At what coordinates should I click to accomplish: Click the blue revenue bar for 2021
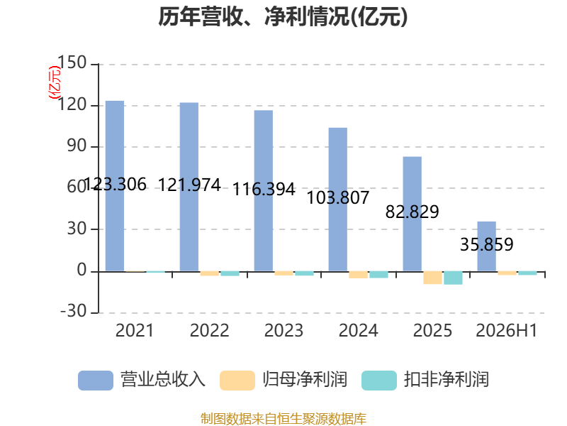115,186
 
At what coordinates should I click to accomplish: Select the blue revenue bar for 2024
338,200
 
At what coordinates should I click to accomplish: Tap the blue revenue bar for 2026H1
487,246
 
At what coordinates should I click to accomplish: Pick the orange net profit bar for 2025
433,278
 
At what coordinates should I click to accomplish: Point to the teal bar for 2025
453,278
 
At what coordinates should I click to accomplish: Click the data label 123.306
115,185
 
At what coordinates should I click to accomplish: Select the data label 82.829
412,212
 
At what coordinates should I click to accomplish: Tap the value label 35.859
487,244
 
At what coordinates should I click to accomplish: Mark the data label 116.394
264,189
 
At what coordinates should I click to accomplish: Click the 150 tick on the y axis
72,62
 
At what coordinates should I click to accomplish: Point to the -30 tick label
74,311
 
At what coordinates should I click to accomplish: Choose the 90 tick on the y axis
77,146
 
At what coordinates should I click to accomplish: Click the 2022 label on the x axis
209,330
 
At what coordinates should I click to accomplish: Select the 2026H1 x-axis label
506,330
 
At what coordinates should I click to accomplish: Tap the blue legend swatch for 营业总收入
96,381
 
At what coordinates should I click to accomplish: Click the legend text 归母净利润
305,380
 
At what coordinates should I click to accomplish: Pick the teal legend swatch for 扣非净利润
379,381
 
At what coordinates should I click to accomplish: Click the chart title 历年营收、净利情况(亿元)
283,16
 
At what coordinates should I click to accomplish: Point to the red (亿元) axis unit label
55,82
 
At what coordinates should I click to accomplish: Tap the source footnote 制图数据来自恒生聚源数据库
283,419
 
